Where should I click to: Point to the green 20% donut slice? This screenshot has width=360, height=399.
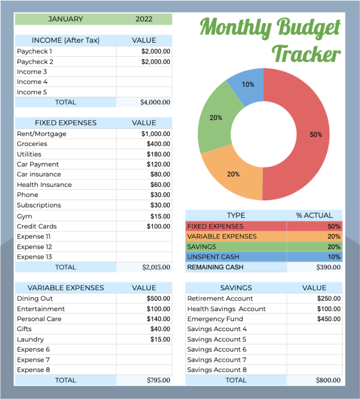point(216,118)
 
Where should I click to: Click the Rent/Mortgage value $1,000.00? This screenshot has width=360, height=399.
point(155,134)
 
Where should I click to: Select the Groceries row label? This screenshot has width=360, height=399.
point(32,144)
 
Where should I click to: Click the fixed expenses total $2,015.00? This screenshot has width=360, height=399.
point(156,268)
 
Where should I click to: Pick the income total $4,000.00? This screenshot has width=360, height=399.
point(155,102)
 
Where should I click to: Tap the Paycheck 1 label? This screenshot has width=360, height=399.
point(35,51)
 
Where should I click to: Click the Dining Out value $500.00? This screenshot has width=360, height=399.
point(158,298)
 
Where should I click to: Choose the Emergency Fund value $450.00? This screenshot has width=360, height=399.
point(329,319)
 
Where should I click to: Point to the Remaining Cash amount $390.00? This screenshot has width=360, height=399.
point(328,268)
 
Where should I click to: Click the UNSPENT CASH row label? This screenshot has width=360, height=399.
point(213,257)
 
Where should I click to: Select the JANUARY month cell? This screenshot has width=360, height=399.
point(65,19)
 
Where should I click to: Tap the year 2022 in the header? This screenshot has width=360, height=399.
point(144,19)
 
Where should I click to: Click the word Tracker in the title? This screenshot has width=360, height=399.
point(306,54)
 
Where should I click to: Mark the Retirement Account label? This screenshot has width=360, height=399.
point(220,298)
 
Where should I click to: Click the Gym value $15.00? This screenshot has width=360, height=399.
point(160,217)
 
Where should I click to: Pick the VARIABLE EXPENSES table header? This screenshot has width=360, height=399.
point(65,288)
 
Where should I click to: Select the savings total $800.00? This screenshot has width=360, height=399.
point(328,380)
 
